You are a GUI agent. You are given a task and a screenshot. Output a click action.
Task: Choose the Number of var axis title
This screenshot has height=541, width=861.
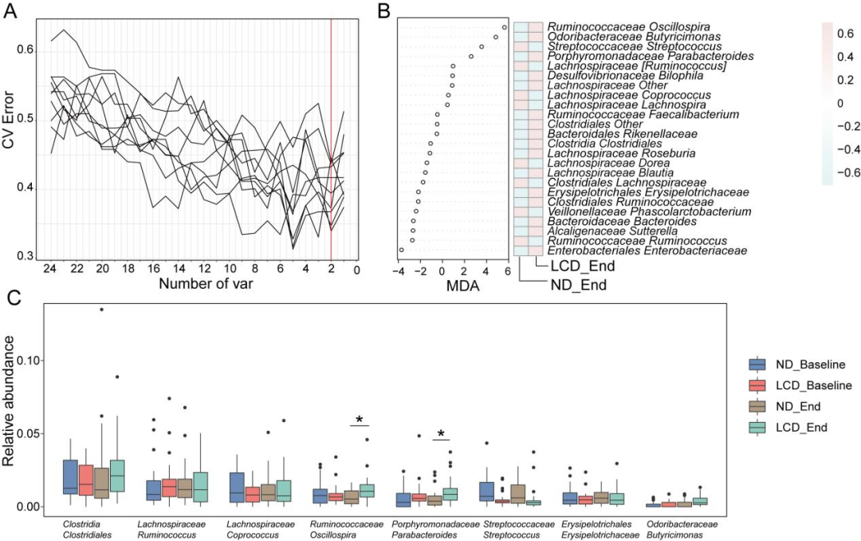(x=206, y=284)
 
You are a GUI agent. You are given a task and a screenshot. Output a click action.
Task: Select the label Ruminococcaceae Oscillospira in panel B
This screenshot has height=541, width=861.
(x=628, y=26)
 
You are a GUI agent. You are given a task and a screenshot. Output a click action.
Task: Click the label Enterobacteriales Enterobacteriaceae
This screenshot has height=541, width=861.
(x=647, y=251)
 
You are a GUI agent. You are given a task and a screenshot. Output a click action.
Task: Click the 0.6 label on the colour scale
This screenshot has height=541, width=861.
(x=845, y=34)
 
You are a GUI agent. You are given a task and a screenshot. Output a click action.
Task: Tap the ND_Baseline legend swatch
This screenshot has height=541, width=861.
(x=758, y=365)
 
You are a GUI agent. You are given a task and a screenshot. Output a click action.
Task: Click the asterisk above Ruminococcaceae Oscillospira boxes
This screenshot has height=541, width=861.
(x=360, y=420)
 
